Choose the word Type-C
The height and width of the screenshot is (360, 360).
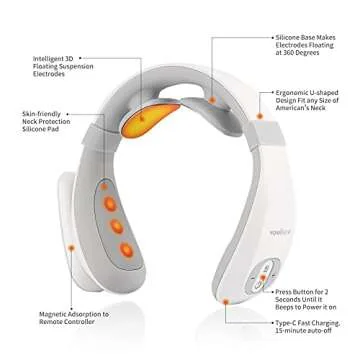pos(291,328)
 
